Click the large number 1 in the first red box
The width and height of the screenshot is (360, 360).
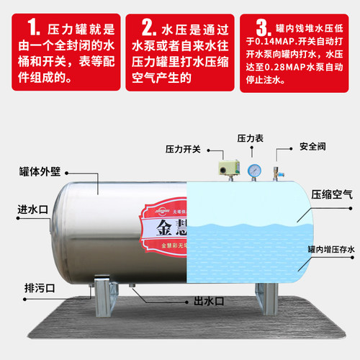[33, 30]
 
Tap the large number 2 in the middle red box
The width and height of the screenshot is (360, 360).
[148, 30]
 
